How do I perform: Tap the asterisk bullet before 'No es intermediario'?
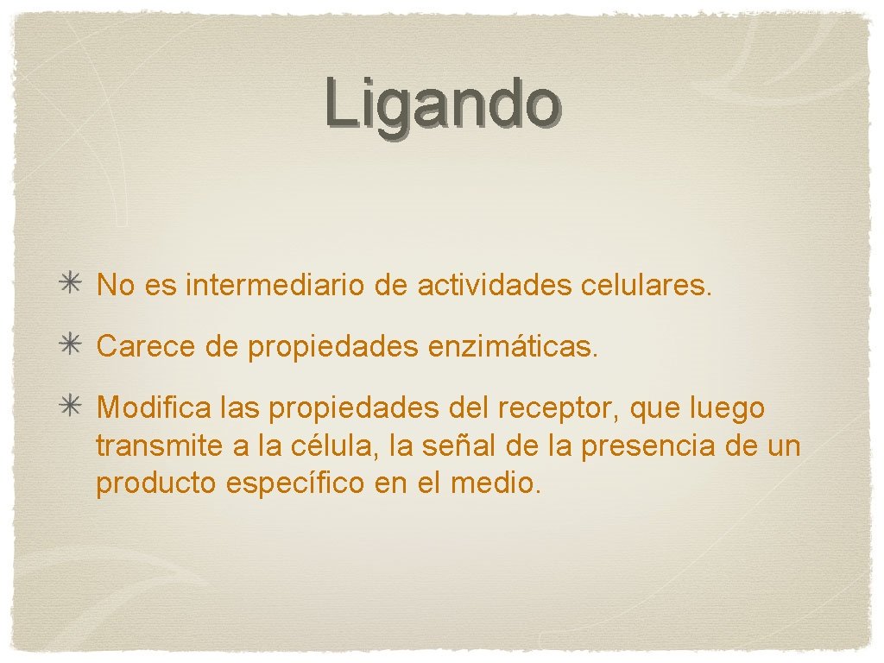(71, 285)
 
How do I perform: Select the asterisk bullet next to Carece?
(71, 346)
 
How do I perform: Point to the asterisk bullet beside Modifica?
(71, 407)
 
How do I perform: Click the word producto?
(155, 484)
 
